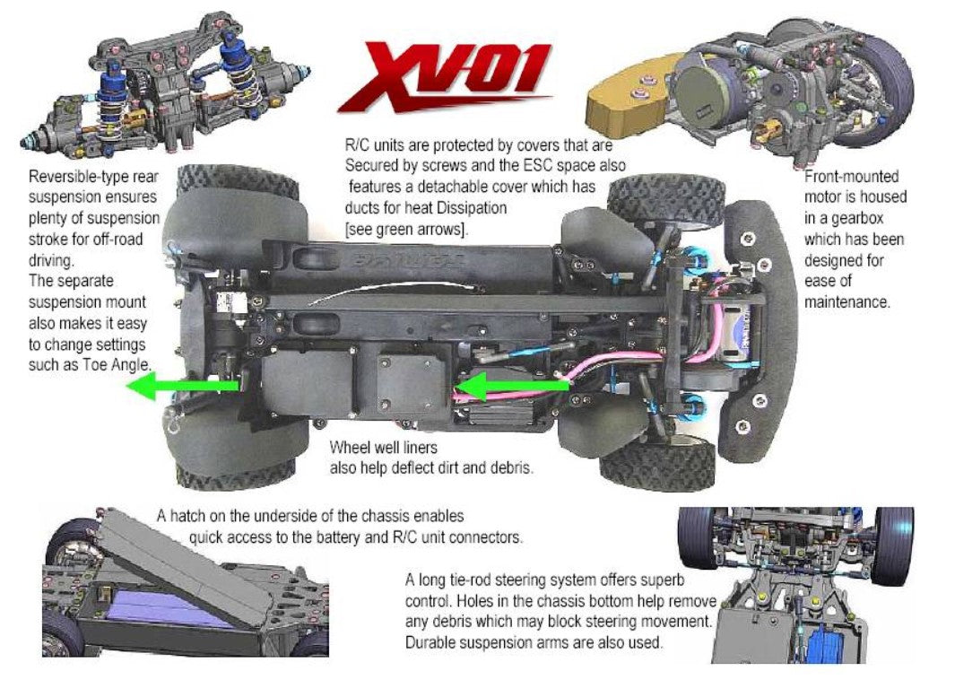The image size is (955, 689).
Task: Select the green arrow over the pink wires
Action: coord(512,387)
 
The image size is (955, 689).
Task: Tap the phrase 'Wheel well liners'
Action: coord(384,448)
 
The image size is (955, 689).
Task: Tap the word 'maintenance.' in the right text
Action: coord(846,302)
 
